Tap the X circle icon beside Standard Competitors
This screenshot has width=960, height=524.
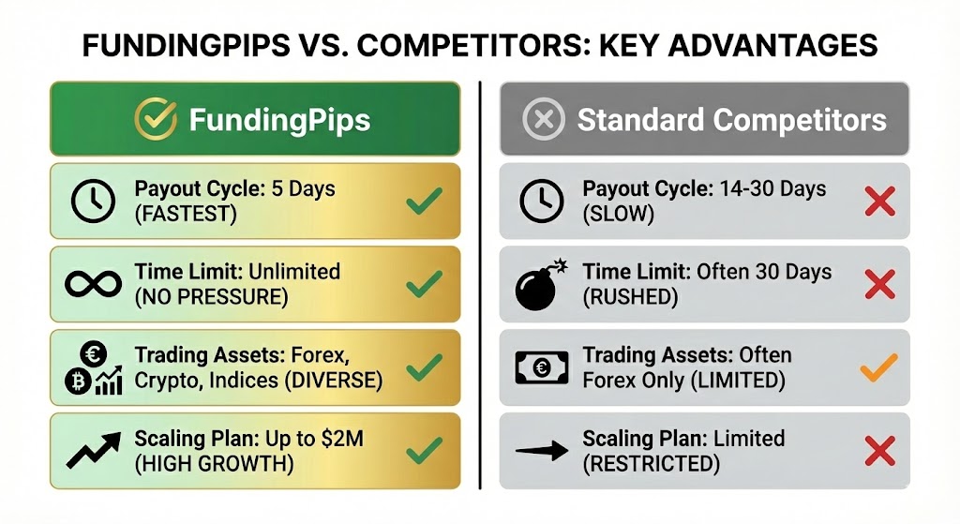coord(545,119)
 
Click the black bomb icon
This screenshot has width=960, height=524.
coord(542,285)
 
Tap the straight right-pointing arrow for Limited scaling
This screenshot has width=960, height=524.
coord(543,450)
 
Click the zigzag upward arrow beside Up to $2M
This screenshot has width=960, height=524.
coord(94,449)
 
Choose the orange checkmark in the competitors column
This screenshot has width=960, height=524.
coord(878,368)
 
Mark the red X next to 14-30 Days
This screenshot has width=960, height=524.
coord(879,202)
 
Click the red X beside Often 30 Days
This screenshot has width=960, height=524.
coord(879,284)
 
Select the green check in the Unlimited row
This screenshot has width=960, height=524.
coord(424,283)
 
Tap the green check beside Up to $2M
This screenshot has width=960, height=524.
coord(424,452)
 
